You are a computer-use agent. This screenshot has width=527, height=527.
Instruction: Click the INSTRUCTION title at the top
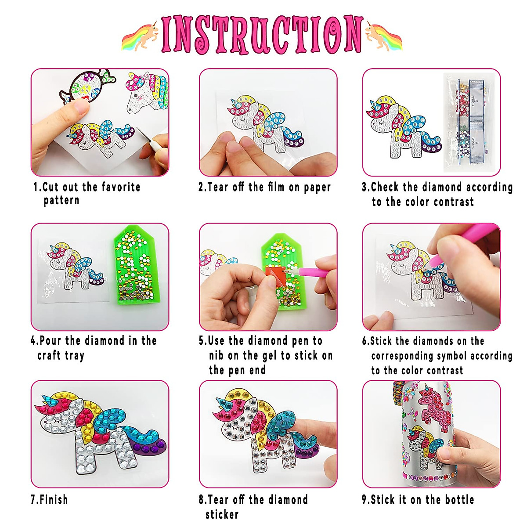[262, 34]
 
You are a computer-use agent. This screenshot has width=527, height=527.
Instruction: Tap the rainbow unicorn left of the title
[140, 36]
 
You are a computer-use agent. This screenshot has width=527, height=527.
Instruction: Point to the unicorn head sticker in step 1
[147, 92]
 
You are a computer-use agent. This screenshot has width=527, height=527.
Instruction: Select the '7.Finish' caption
[49, 500]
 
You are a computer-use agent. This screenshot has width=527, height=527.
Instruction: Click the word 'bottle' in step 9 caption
[459, 500]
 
